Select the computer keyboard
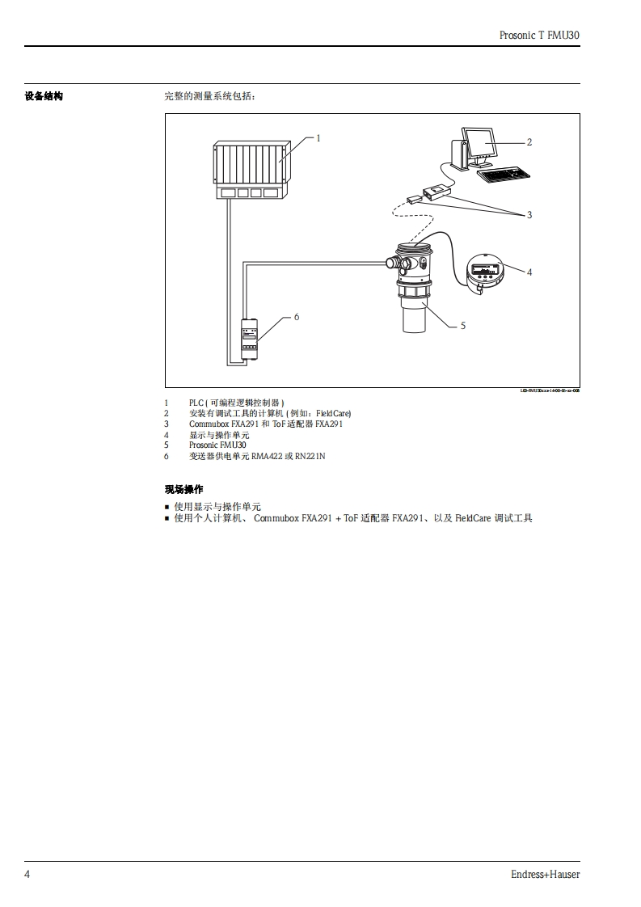[503, 174]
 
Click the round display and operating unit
[485, 271]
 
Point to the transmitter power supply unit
[250, 339]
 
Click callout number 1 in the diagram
[318, 138]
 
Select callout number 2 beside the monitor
[529, 142]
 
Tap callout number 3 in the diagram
[529, 215]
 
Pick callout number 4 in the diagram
[529, 272]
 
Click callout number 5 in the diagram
[463, 326]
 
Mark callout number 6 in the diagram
[297, 317]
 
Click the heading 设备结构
[43, 97]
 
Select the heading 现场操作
[183, 490]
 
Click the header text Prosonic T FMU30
[541, 36]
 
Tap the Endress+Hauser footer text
[545, 874]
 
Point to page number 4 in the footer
[27, 874]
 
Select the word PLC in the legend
[196, 402]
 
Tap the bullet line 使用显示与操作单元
[217, 507]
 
